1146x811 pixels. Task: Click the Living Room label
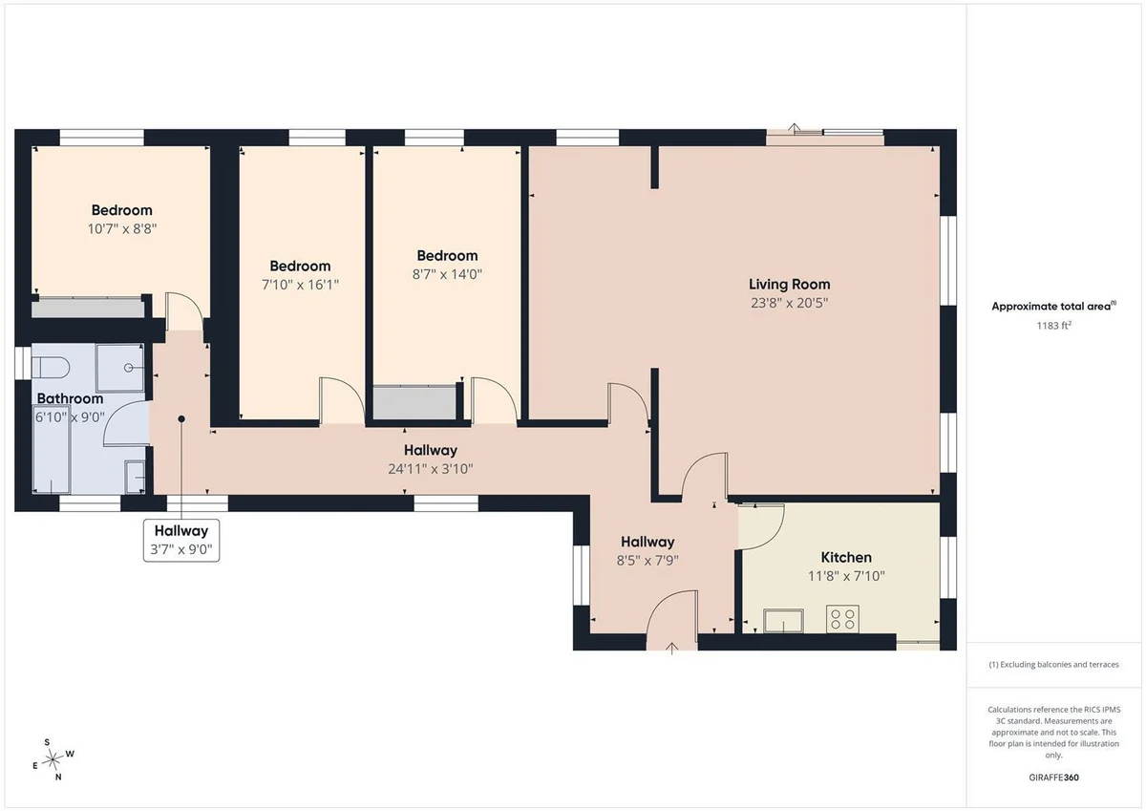pyautogui.click(x=790, y=285)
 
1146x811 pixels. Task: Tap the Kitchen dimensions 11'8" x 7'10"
pyautogui.click(x=846, y=576)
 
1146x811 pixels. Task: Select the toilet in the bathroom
pyautogui.click(x=50, y=368)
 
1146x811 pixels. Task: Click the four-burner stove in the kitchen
pyautogui.click(x=842, y=619)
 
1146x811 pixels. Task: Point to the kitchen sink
pyautogui.click(x=783, y=621)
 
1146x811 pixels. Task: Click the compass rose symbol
pyautogui.click(x=53, y=759)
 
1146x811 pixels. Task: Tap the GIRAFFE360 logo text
pyautogui.click(x=1053, y=778)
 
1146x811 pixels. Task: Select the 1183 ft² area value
pyautogui.click(x=1054, y=326)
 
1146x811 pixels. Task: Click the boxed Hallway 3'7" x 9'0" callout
pyautogui.click(x=181, y=541)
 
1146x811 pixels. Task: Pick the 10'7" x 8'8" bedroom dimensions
pyautogui.click(x=122, y=228)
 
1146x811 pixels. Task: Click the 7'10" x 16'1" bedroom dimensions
pyautogui.click(x=300, y=285)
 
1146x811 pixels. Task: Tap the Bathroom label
pyautogui.click(x=70, y=398)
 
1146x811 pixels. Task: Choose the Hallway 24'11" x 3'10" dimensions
pyautogui.click(x=431, y=469)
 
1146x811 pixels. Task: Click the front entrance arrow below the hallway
pyautogui.click(x=671, y=649)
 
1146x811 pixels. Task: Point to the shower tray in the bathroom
pyautogui.click(x=119, y=368)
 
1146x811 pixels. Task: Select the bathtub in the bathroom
pyautogui.click(x=52, y=449)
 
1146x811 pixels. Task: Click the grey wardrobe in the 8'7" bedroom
pyautogui.click(x=414, y=403)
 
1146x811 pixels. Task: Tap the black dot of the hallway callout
pyautogui.click(x=181, y=419)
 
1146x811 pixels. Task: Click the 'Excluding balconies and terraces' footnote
pyautogui.click(x=1053, y=665)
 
